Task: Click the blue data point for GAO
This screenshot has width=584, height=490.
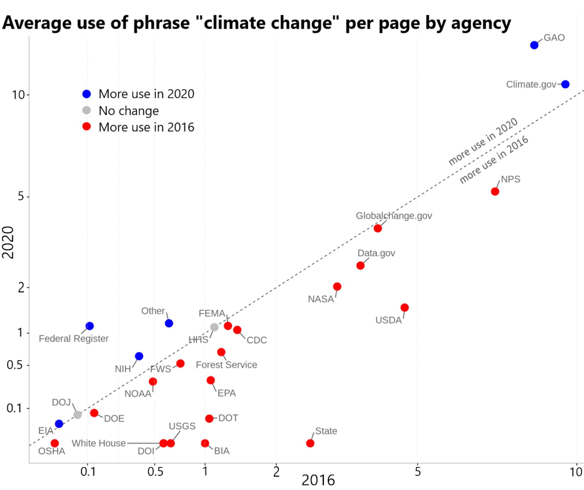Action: [534, 45]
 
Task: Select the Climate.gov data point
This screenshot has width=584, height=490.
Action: [565, 84]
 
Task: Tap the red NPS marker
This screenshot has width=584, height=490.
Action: [495, 191]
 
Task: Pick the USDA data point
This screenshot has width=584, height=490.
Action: [405, 307]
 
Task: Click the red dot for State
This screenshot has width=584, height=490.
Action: [310, 443]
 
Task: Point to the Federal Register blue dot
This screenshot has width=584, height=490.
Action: [89, 326]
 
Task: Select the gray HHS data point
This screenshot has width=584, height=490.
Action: [214, 327]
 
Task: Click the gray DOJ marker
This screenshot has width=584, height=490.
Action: [78, 415]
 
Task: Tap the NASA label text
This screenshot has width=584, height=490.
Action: [321, 299]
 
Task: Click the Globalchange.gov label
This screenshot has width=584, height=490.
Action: [394, 216]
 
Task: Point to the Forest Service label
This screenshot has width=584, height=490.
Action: [226, 365]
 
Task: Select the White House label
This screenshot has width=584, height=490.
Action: [99, 443]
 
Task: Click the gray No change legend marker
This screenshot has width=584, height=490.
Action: [87, 110]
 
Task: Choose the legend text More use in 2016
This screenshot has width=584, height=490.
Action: [146, 127]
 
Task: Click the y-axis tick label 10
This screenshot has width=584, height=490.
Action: [18, 95]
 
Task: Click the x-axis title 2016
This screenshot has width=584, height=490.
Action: [318, 480]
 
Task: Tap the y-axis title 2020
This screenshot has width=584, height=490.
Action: [8, 242]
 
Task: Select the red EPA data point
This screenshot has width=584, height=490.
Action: [210, 380]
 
